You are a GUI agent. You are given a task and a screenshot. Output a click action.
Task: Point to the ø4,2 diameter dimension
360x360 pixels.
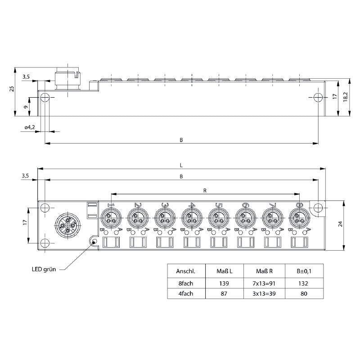30,127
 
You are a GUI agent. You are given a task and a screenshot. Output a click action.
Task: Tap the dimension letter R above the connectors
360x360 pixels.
205,191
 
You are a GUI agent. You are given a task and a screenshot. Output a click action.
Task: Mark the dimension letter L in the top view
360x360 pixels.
181,165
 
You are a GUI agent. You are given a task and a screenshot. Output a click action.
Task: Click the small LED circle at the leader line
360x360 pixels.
94,242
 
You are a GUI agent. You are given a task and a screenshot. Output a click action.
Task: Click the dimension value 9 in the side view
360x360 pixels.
25,107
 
